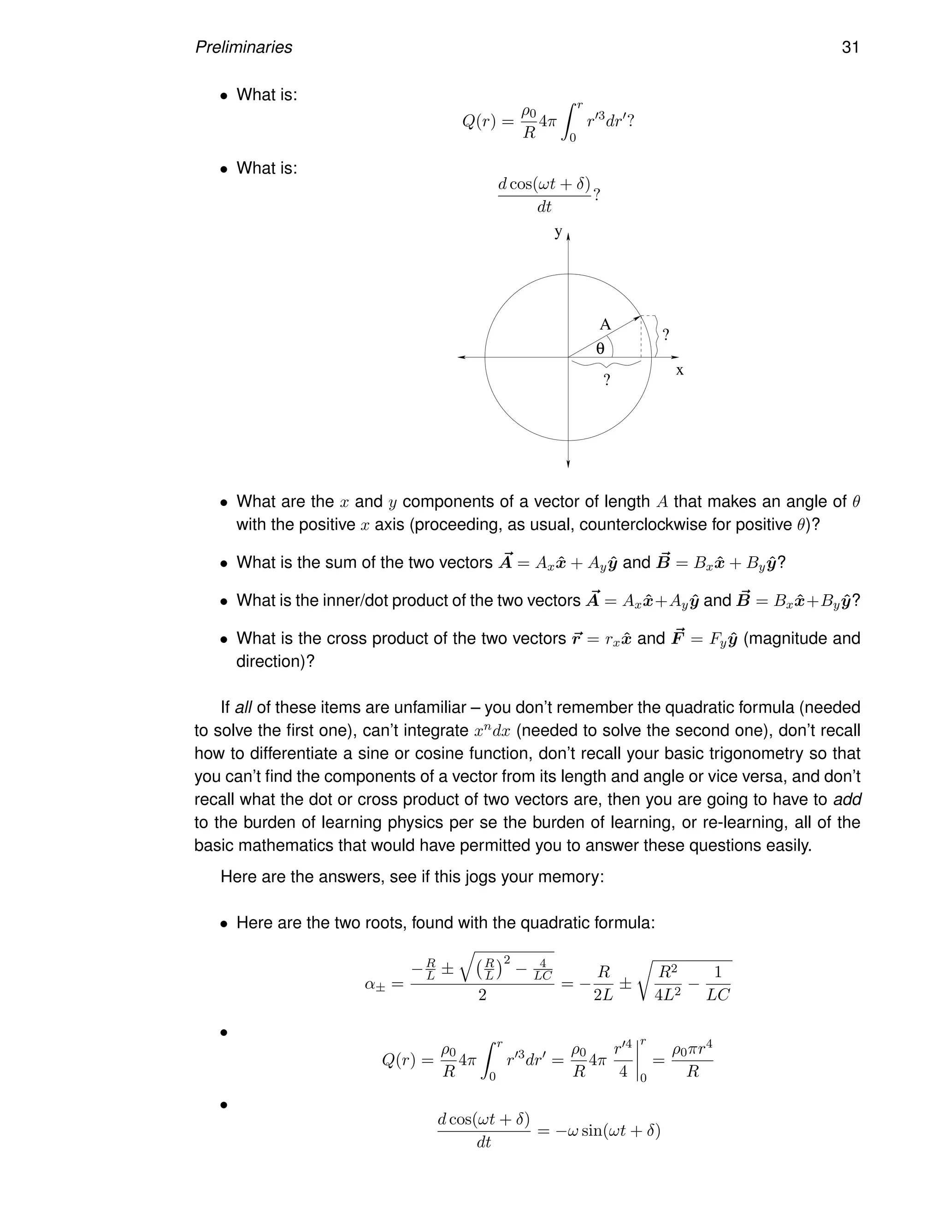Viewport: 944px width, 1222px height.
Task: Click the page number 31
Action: coord(850,47)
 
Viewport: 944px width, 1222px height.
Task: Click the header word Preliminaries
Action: coord(243,47)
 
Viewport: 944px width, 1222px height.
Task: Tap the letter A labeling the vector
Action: coord(605,325)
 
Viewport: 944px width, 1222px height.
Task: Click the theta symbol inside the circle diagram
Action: coord(600,349)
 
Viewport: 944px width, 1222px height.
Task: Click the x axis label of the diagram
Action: coord(679,370)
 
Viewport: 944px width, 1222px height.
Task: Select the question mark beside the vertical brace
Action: coord(666,335)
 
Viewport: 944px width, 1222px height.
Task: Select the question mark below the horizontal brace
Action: coord(607,380)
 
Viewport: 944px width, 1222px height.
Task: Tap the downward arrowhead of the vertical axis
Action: coord(568,463)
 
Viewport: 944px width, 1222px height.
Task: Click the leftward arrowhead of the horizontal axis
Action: coord(461,357)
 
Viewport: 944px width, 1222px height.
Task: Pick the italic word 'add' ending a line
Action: coord(847,800)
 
